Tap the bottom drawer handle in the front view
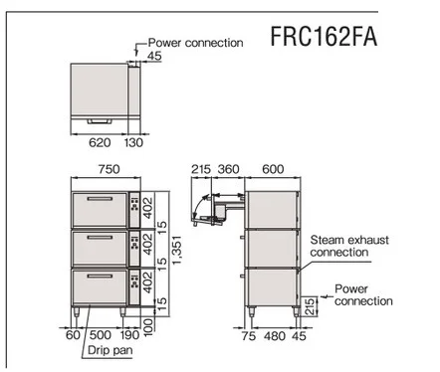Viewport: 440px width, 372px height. pyautogui.click(x=98, y=277)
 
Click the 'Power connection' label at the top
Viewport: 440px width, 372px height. pyautogui.click(x=195, y=43)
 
